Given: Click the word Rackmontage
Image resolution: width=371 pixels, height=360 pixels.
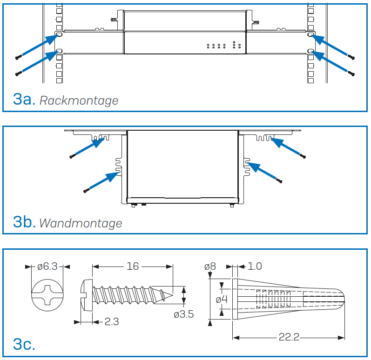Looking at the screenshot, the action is click(79, 100).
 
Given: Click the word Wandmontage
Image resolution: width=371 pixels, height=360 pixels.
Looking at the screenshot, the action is click(81, 223).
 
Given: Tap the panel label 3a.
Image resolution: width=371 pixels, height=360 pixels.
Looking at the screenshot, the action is click(24, 99).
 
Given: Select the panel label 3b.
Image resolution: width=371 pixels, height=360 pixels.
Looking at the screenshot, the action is click(24, 222).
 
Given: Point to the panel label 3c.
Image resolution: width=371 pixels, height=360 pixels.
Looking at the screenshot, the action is click(24, 344).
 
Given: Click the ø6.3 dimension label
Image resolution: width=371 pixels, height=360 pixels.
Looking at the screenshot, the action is click(47, 267).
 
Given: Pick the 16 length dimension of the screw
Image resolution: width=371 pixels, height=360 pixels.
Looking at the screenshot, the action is click(133, 267).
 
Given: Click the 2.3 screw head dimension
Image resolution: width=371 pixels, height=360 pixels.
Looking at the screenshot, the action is click(112, 322).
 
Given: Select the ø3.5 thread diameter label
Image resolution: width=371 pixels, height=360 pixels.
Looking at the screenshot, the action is click(183, 314).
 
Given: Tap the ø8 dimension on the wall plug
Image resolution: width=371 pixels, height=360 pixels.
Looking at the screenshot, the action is click(210, 267).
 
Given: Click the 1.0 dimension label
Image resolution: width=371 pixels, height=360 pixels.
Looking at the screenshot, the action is click(255, 267).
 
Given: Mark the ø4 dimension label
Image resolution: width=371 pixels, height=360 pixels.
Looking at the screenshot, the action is click(222, 300).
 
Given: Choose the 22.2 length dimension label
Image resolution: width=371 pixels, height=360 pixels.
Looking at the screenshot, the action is click(289, 337).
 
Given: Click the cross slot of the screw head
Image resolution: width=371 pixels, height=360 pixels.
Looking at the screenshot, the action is click(47, 295).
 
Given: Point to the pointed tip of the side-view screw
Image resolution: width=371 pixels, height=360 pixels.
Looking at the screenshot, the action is click(173, 295).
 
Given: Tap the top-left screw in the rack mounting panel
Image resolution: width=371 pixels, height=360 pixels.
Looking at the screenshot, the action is click(19, 57).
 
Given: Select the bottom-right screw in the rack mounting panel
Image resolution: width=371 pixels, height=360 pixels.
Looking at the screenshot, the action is click(351, 73).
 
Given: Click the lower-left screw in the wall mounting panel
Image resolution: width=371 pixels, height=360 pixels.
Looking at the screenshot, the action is click(87, 190).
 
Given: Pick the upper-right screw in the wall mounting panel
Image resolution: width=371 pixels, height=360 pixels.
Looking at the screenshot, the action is click(303, 156).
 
